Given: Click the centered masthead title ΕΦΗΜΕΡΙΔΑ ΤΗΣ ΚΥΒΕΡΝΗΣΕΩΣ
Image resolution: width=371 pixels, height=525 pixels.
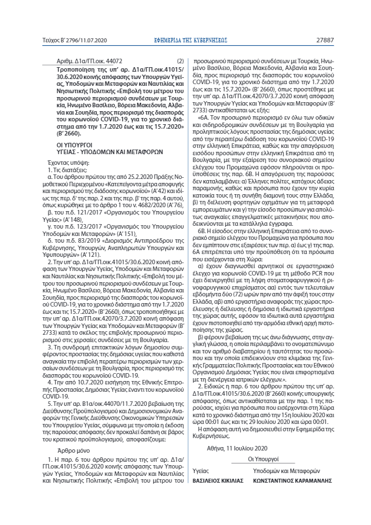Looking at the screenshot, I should [186, 41].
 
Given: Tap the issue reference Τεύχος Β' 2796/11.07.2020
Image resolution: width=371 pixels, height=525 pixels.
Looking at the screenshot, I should [71, 41].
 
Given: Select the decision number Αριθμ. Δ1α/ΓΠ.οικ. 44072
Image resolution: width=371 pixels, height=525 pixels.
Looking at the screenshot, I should [89, 61].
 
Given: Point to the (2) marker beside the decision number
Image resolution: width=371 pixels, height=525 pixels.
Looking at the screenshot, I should [180, 61].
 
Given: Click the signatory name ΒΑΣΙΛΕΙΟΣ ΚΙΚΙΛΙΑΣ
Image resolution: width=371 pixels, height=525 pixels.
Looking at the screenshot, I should [218, 480].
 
